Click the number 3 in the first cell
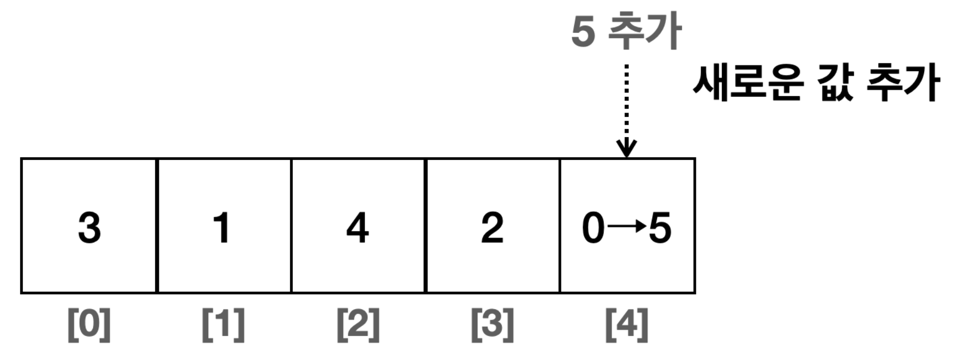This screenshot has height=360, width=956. coord(89,228)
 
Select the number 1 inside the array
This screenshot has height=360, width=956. coord(222,228)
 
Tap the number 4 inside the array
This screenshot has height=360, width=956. coord(357,228)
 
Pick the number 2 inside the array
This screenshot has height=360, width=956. coord(492,228)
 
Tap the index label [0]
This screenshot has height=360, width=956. coord(89,324)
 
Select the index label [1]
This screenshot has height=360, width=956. coord(224,324)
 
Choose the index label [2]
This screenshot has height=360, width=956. coord(358,324)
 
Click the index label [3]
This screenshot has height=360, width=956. coord(493,324)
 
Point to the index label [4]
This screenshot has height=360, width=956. coord(627,324)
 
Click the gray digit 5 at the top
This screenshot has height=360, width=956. coord(583,32)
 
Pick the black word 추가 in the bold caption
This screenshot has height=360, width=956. coord(903,83)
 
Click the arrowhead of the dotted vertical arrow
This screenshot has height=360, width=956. coord(627,149)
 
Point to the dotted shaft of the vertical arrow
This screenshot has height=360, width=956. coord(627,101)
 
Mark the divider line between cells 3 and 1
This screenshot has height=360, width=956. coord(157,226)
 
